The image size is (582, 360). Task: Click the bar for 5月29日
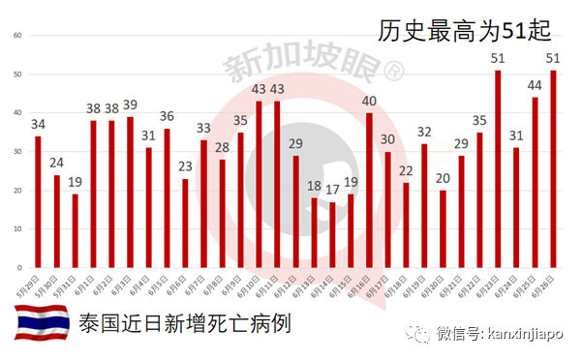point(38,200)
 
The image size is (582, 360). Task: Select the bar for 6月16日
point(369,189)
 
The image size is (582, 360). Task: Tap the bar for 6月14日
point(332,232)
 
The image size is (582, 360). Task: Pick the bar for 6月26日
point(553,168)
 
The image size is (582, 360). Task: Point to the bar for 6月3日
point(130,191)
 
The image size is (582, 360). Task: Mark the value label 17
point(332,191)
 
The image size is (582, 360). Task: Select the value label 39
point(130,105)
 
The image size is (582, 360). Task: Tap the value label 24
point(56,163)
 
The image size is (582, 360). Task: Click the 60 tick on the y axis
point(16,36)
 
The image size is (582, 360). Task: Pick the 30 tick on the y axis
point(16,151)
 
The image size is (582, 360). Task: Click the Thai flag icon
point(40,323)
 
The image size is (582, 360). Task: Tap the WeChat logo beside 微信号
point(420,334)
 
